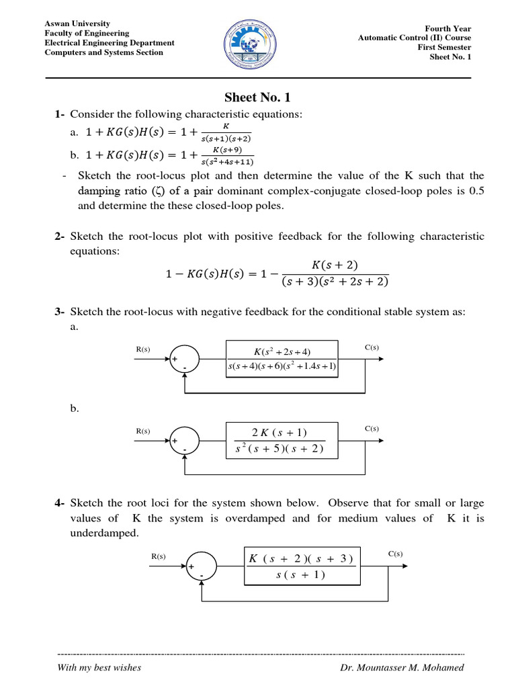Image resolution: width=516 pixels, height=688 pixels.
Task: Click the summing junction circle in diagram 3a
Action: pyautogui.click(x=183, y=357)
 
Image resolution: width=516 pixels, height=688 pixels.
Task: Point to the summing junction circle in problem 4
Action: pyautogui.click(x=200, y=566)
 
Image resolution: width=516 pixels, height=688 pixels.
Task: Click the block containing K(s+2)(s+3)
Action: pyautogui.click(x=301, y=566)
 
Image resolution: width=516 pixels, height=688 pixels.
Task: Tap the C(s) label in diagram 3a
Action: pyautogui.click(x=372, y=347)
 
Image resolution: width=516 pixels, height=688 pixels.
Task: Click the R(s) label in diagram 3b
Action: pyautogui.click(x=143, y=429)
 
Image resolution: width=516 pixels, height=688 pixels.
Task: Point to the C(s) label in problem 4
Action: pyautogui.click(x=395, y=554)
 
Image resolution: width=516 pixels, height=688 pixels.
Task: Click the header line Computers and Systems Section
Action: pyautogui.click(x=103, y=52)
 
